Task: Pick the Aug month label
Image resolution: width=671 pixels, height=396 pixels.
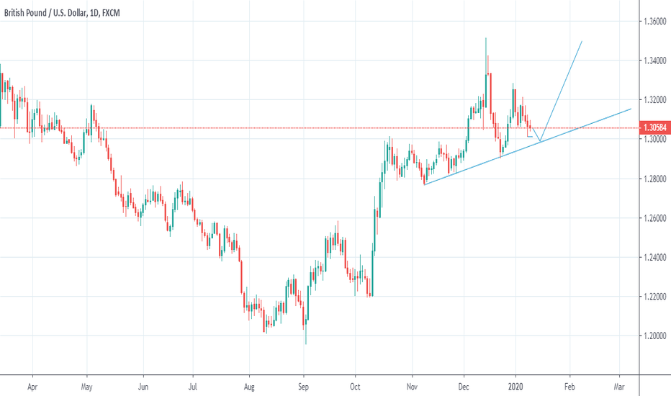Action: [248, 386]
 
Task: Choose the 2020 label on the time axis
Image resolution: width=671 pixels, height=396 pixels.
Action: [515, 386]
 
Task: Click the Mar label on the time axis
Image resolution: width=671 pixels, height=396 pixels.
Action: [619, 386]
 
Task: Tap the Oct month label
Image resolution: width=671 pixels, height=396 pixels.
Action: [355, 386]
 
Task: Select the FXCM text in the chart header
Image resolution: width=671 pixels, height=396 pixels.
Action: [130, 11]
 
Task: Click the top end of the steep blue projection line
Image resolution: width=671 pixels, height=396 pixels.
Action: [581, 42]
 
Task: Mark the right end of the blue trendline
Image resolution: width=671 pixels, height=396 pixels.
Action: [631, 109]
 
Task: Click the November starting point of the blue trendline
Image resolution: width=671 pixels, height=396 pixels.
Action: [424, 185]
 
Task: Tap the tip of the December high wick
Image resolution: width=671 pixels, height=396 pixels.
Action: [486, 38]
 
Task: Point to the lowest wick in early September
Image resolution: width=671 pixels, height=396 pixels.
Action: [305, 344]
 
